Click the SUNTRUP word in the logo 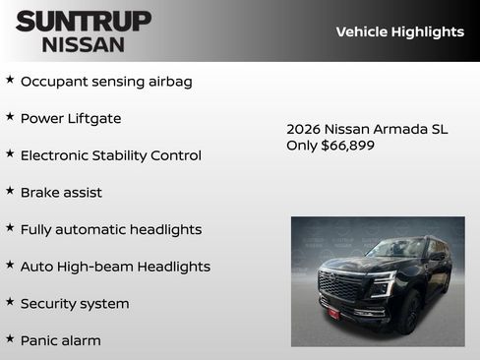pos(84,21)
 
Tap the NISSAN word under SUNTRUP pos(84,43)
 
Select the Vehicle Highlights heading pos(399,31)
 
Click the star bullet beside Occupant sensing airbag pos(10,80)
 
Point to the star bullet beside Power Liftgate pos(10,117)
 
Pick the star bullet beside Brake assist pos(10,191)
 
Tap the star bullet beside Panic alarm pos(10,339)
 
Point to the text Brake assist pos(61,193)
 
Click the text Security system pos(75,304)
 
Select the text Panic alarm pos(60,340)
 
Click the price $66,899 pos(348,146)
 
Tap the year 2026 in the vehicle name pos(304,129)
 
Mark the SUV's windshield pos(396,249)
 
